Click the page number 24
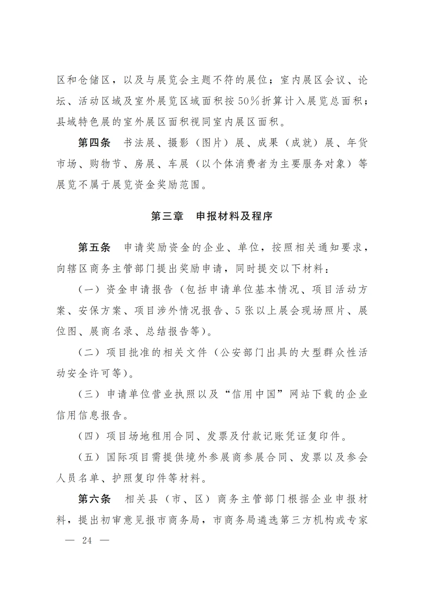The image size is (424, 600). [x=87, y=540]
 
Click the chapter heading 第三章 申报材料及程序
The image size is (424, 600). [x=212, y=216]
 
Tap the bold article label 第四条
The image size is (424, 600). [x=94, y=143]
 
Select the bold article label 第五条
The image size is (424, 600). [x=94, y=247]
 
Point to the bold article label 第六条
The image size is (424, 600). [x=94, y=499]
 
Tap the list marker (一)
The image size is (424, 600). [x=89, y=290]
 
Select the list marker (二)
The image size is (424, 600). [x=89, y=353]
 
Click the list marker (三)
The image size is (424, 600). [x=89, y=394]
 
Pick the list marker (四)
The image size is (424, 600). [x=89, y=436]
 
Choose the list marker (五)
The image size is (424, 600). [x=89, y=457]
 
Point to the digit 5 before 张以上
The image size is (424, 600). [x=237, y=311]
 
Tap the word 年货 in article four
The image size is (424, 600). [x=357, y=143]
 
